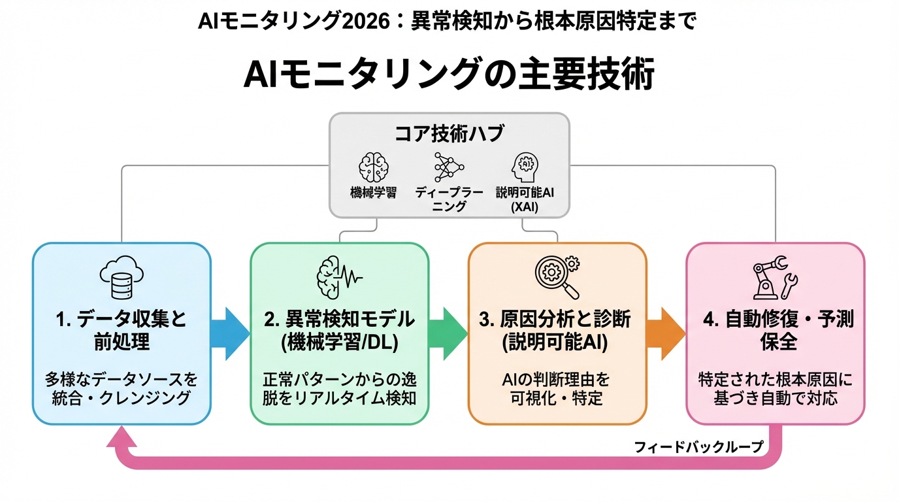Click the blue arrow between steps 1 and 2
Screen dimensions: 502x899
(230, 333)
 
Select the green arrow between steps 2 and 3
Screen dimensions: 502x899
(448, 333)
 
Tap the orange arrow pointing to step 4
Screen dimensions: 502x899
(666, 333)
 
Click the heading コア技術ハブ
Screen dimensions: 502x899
(449, 133)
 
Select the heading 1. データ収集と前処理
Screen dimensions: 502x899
(122, 330)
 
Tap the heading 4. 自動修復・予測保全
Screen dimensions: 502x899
(776, 330)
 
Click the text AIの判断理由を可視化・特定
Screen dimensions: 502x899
(557, 388)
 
